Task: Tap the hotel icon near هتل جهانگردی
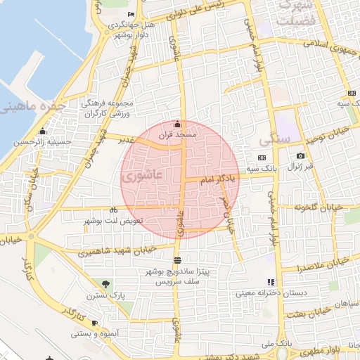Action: [131, 15]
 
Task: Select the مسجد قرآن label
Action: [179, 134]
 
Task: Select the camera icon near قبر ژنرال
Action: [301, 155]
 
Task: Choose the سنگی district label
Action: [274, 138]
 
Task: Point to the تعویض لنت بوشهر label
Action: [113, 221]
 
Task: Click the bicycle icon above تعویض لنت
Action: [113, 210]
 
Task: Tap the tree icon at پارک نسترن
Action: [105, 284]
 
